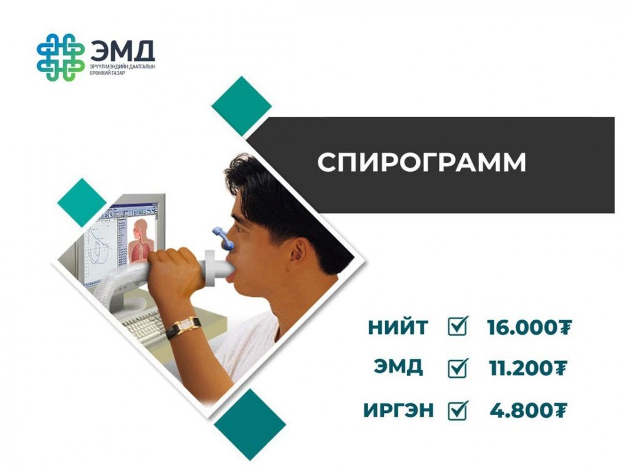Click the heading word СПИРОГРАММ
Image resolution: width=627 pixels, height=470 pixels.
pyautogui.click(x=421, y=162)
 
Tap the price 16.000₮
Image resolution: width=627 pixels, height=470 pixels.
pyautogui.click(x=529, y=328)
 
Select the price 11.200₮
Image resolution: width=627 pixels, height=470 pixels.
pyautogui.click(x=528, y=368)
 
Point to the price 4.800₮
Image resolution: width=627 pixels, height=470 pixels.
pyautogui.click(x=529, y=410)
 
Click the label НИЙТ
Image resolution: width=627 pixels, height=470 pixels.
pyautogui.click(x=398, y=328)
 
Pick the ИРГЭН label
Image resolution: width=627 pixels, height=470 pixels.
pyautogui.click(x=398, y=410)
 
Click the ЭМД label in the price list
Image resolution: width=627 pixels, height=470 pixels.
pyautogui.click(x=398, y=367)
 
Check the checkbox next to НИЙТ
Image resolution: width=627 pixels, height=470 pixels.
pyautogui.click(x=458, y=326)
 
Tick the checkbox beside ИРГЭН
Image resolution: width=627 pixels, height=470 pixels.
pyautogui.click(x=458, y=410)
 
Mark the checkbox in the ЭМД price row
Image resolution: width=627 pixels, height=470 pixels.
pyautogui.click(x=458, y=368)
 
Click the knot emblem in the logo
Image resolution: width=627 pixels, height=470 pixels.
pyautogui.click(x=61, y=57)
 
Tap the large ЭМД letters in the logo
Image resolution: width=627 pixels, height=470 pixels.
pyautogui.click(x=123, y=50)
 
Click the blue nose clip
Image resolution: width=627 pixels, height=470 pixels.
pyautogui.click(x=223, y=238)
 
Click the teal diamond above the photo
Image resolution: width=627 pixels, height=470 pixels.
pyautogui.click(x=241, y=107)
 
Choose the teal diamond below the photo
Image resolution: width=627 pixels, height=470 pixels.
pyautogui.click(x=250, y=424)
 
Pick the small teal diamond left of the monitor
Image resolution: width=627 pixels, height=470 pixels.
pyautogui.click(x=82, y=202)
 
